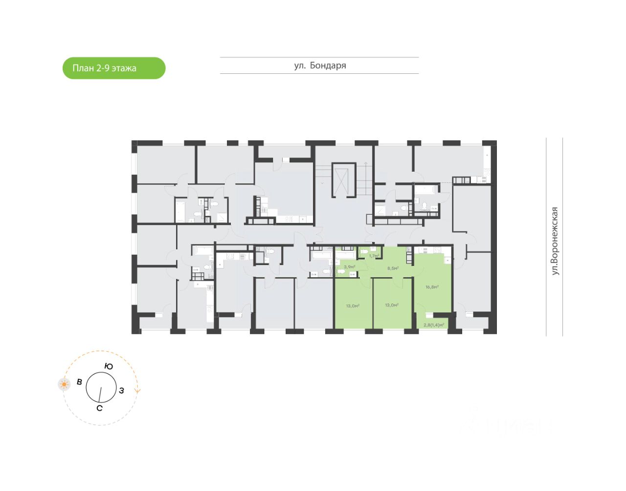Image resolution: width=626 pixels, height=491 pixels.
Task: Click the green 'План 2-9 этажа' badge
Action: point(114,68)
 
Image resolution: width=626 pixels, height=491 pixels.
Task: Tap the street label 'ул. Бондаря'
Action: point(320,66)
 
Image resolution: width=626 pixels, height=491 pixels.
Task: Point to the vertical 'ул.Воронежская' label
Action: point(555,241)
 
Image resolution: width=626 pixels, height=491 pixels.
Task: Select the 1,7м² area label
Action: point(374,256)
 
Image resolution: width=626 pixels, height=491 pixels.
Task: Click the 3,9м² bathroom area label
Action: point(349,267)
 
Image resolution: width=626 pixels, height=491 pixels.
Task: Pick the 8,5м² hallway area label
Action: point(393,268)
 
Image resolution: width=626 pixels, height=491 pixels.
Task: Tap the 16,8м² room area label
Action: point(432,287)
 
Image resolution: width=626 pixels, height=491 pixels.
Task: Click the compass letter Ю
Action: point(109,366)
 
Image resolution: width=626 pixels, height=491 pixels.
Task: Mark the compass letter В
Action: point(79,382)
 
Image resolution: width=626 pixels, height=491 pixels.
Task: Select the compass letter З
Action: point(121,390)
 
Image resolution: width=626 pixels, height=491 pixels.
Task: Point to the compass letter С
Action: point(99,408)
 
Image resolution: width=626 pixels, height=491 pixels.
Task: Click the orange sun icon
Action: point(64,384)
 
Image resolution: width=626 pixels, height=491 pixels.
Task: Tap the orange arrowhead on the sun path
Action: point(138,391)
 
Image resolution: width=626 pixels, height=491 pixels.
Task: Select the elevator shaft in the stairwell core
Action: point(343,180)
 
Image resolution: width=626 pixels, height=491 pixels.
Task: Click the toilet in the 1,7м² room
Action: point(364,252)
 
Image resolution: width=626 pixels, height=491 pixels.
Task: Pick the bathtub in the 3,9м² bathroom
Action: point(345,255)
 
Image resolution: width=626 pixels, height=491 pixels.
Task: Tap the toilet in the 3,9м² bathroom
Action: point(341,271)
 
